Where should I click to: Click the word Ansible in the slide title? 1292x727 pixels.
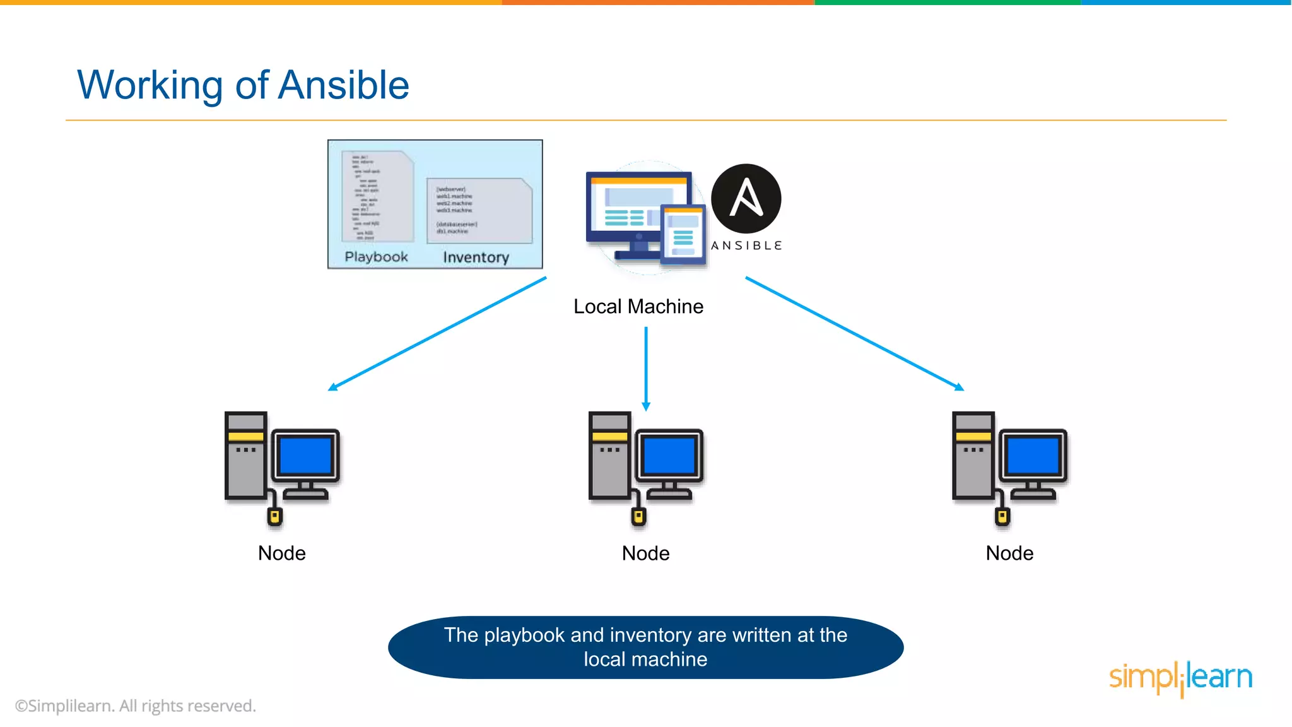pyautogui.click(x=343, y=85)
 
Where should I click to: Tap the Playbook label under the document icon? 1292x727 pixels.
pyautogui.click(x=376, y=257)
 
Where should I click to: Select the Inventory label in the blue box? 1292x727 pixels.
pyautogui.click(x=476, y=257)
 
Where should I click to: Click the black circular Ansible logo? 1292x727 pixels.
pyautogui.click(x=746, y=199)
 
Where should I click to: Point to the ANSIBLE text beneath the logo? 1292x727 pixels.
pyautogui.click(x=746, y=245)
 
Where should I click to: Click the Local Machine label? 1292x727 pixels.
pyautogui.click(x=638, y=307)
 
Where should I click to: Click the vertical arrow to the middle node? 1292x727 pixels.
pyautogui.click(x=646, y=369)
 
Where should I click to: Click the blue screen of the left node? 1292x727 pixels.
pyautogui.click(x=305, y=456)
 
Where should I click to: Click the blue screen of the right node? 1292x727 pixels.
pyautogui.click(x=1033, y=456)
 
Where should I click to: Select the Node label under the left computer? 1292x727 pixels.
pyautogui.click(x=282, y=553)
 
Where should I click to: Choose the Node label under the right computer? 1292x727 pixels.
pyautogui.click(x=1009, y=553)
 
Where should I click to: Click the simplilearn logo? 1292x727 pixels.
pyautogui.click(x=1180, y=677)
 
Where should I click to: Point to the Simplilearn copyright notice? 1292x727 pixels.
pyautogui.click(x=136, y=706)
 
